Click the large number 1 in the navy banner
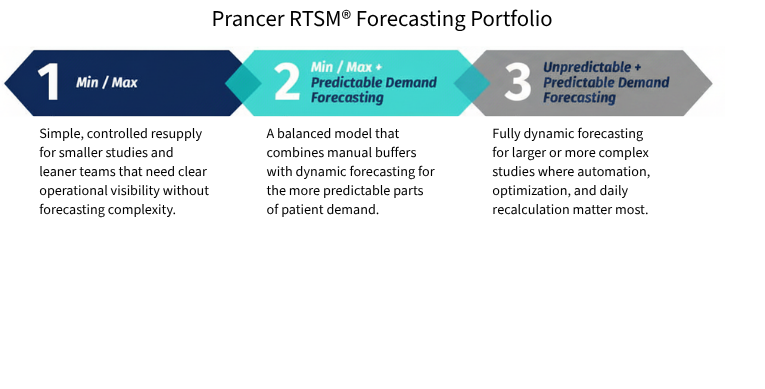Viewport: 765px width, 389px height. (48, 84)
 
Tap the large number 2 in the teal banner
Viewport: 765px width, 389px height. (286, 84)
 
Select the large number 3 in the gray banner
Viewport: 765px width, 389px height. (517, 84)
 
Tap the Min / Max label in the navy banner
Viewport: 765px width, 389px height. (107, 83)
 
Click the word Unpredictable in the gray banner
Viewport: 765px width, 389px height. (587, 67)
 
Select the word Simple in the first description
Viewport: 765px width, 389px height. (59, 134)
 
